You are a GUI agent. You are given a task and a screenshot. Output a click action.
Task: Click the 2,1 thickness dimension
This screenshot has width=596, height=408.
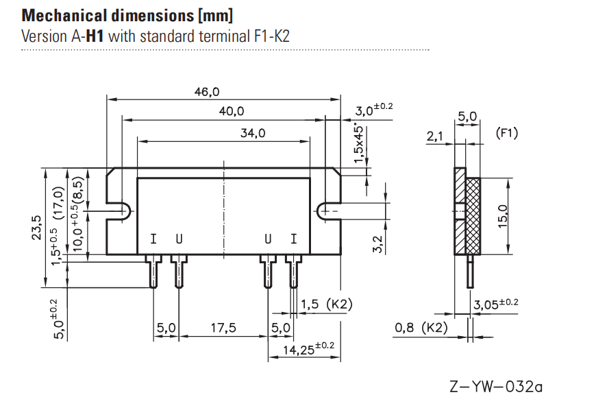coord(435,137)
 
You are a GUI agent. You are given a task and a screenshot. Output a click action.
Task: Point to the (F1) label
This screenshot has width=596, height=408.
coord(506,134)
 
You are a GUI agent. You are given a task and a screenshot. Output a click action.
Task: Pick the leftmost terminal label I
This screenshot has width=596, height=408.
coord(153,239)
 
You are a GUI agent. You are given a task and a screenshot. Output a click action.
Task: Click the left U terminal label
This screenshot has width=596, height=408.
coord(179,239)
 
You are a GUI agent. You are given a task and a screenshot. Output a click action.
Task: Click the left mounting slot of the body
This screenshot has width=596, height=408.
coord(119,212)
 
